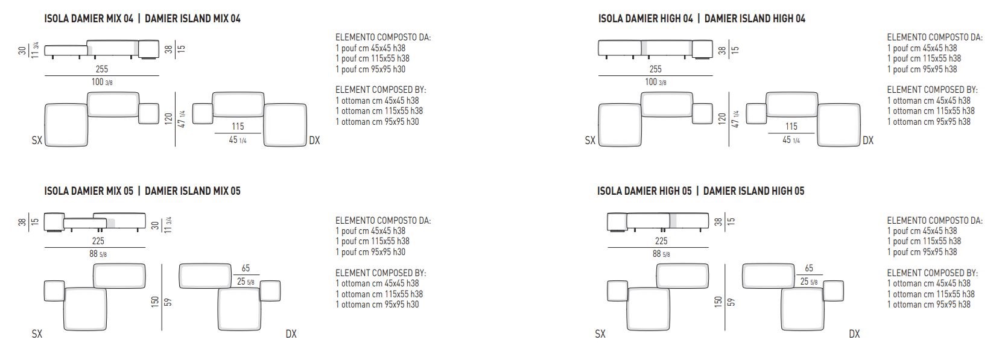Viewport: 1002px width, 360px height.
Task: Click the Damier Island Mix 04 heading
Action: [x=192, y=18]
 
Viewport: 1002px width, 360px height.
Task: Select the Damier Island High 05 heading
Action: [x=753, y=191]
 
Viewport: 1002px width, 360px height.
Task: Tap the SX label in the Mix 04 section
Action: [x=37, y=141]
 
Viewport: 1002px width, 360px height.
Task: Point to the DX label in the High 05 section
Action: [x=854, y=333]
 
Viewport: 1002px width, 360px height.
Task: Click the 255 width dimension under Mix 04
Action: [x=102, y=69]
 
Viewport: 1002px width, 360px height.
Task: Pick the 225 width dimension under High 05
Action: [x=661, y=241]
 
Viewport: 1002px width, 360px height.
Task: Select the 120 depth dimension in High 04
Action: [x=722, y=119]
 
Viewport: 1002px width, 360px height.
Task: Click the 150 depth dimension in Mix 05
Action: [x=155, y=302]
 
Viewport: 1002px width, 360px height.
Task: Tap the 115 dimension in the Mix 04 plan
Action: [x=238, y=127]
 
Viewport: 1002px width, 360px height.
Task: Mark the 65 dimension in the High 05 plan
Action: [x=809, y=268]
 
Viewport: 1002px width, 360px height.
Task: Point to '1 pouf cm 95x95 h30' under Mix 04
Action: [x=370, y=69]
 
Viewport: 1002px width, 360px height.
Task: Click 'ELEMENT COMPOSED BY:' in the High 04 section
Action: [x=932, y=90]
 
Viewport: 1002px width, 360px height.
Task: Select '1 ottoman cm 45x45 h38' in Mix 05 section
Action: [x=377, y=283]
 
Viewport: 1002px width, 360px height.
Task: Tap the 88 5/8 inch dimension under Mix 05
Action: [x=98, y=254]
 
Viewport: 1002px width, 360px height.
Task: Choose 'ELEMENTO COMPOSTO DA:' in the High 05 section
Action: [x=935, y=221]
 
